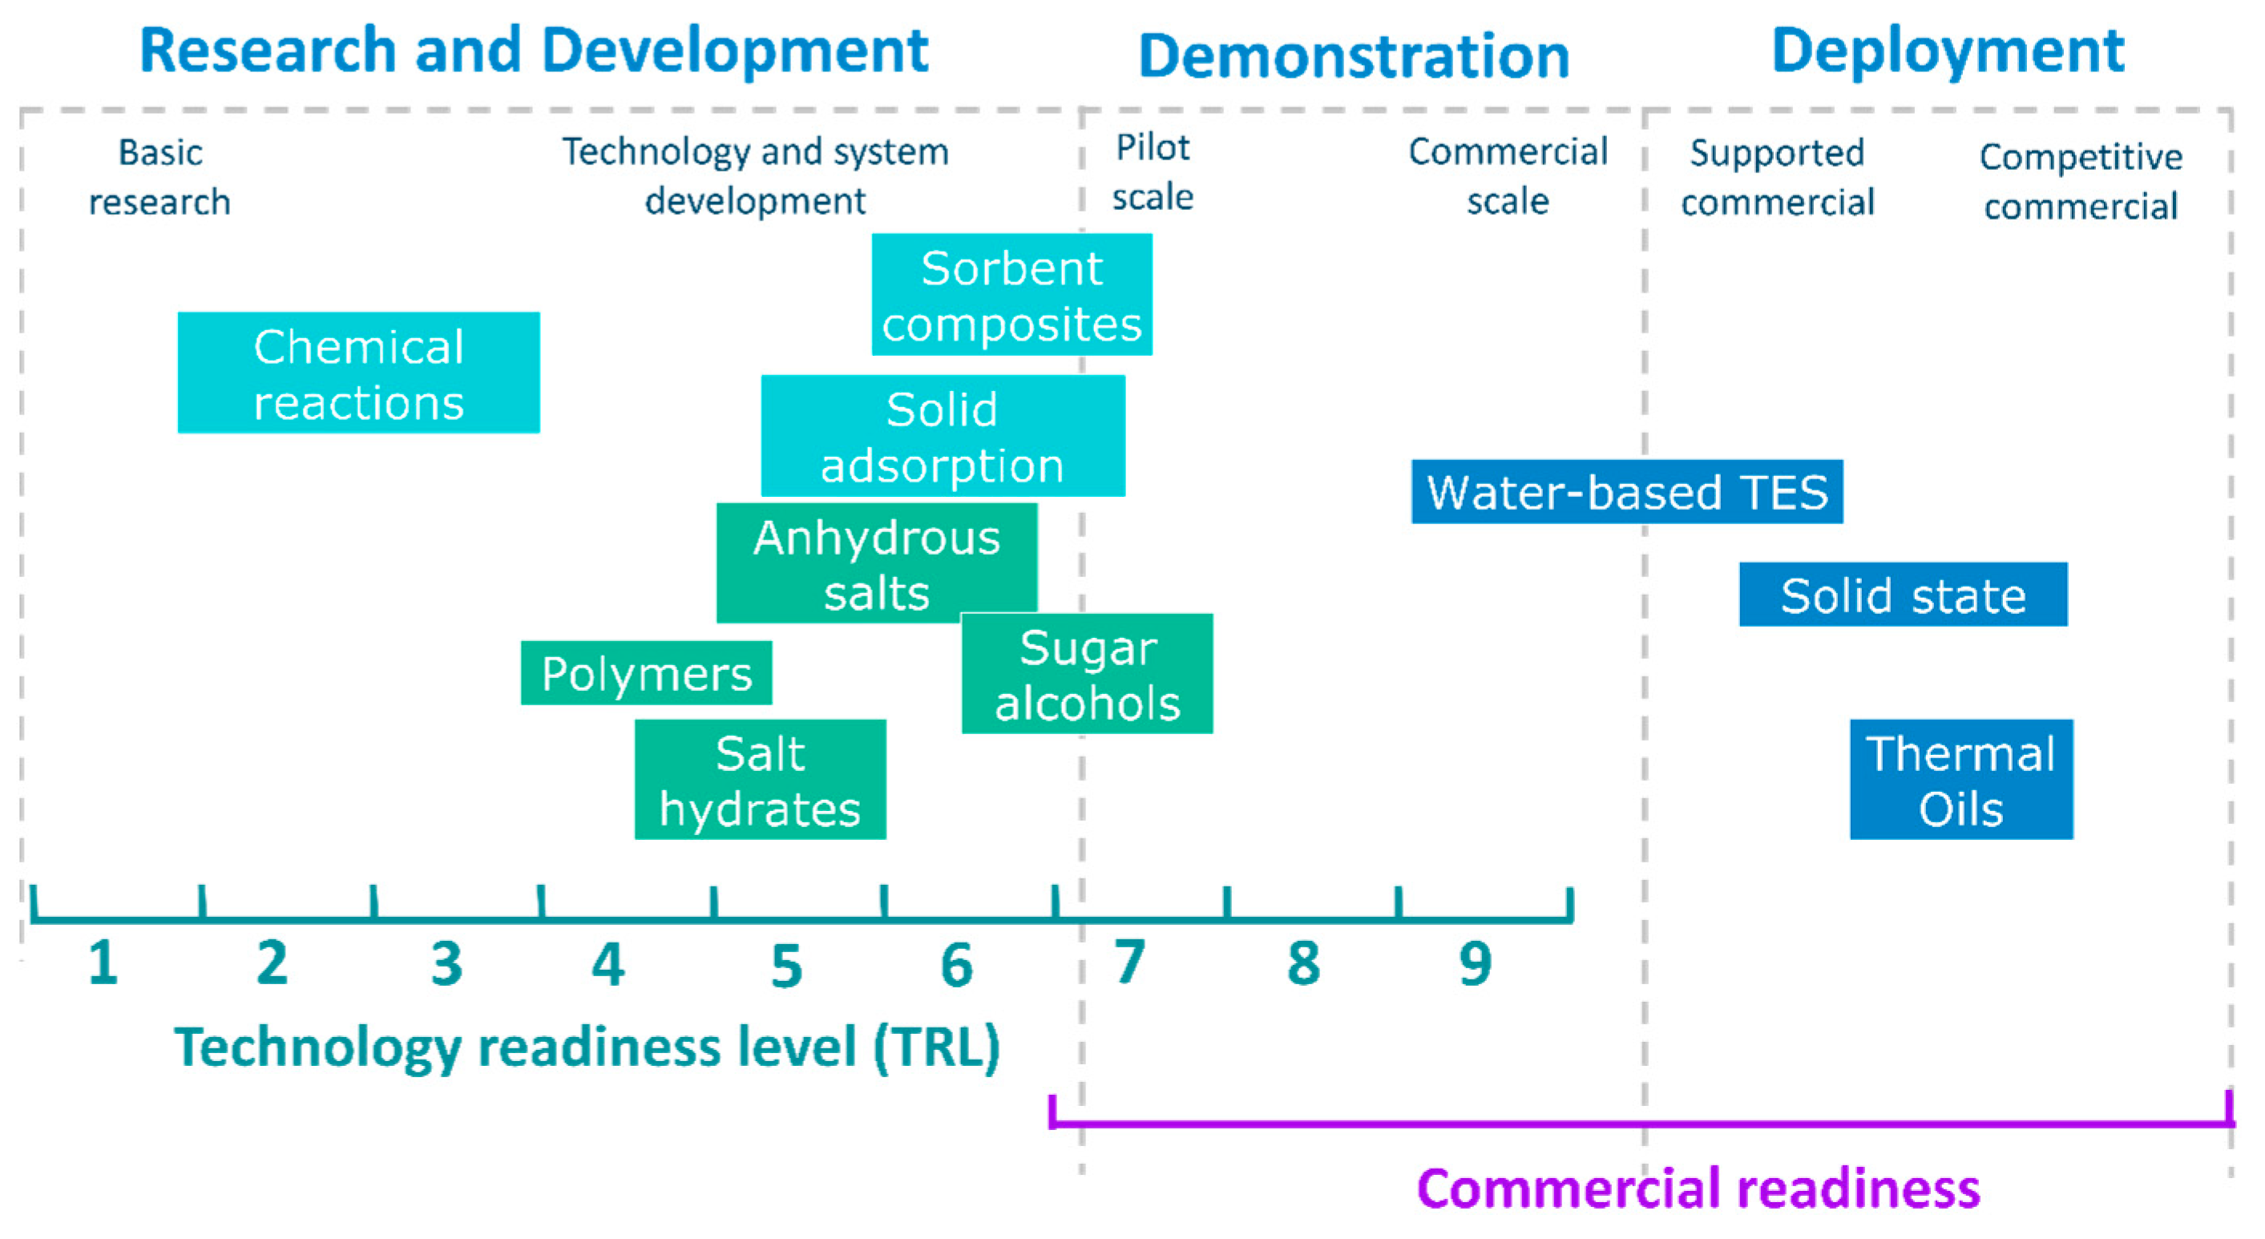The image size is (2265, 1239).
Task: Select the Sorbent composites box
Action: (1011, 295)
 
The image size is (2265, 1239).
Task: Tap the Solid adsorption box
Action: (942, 436)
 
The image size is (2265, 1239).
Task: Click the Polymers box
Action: (646, 673)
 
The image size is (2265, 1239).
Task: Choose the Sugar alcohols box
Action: (1088, 676)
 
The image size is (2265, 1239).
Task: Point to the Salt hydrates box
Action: (760, 780)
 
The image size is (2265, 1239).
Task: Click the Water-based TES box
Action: (1627, 491)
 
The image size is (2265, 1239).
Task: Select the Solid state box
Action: (1903, 595)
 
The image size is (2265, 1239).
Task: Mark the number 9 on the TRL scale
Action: (1476, 964)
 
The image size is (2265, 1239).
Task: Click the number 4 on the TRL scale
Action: (608, 965)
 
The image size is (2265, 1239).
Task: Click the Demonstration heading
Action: (1353, 56)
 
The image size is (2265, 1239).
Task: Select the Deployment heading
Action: (1948, 51)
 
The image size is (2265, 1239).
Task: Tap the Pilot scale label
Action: (1152, 172)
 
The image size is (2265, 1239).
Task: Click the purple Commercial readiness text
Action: (1698, 1188)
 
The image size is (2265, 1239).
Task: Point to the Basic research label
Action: (160, 177)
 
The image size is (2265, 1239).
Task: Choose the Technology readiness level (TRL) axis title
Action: (587, 1047)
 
